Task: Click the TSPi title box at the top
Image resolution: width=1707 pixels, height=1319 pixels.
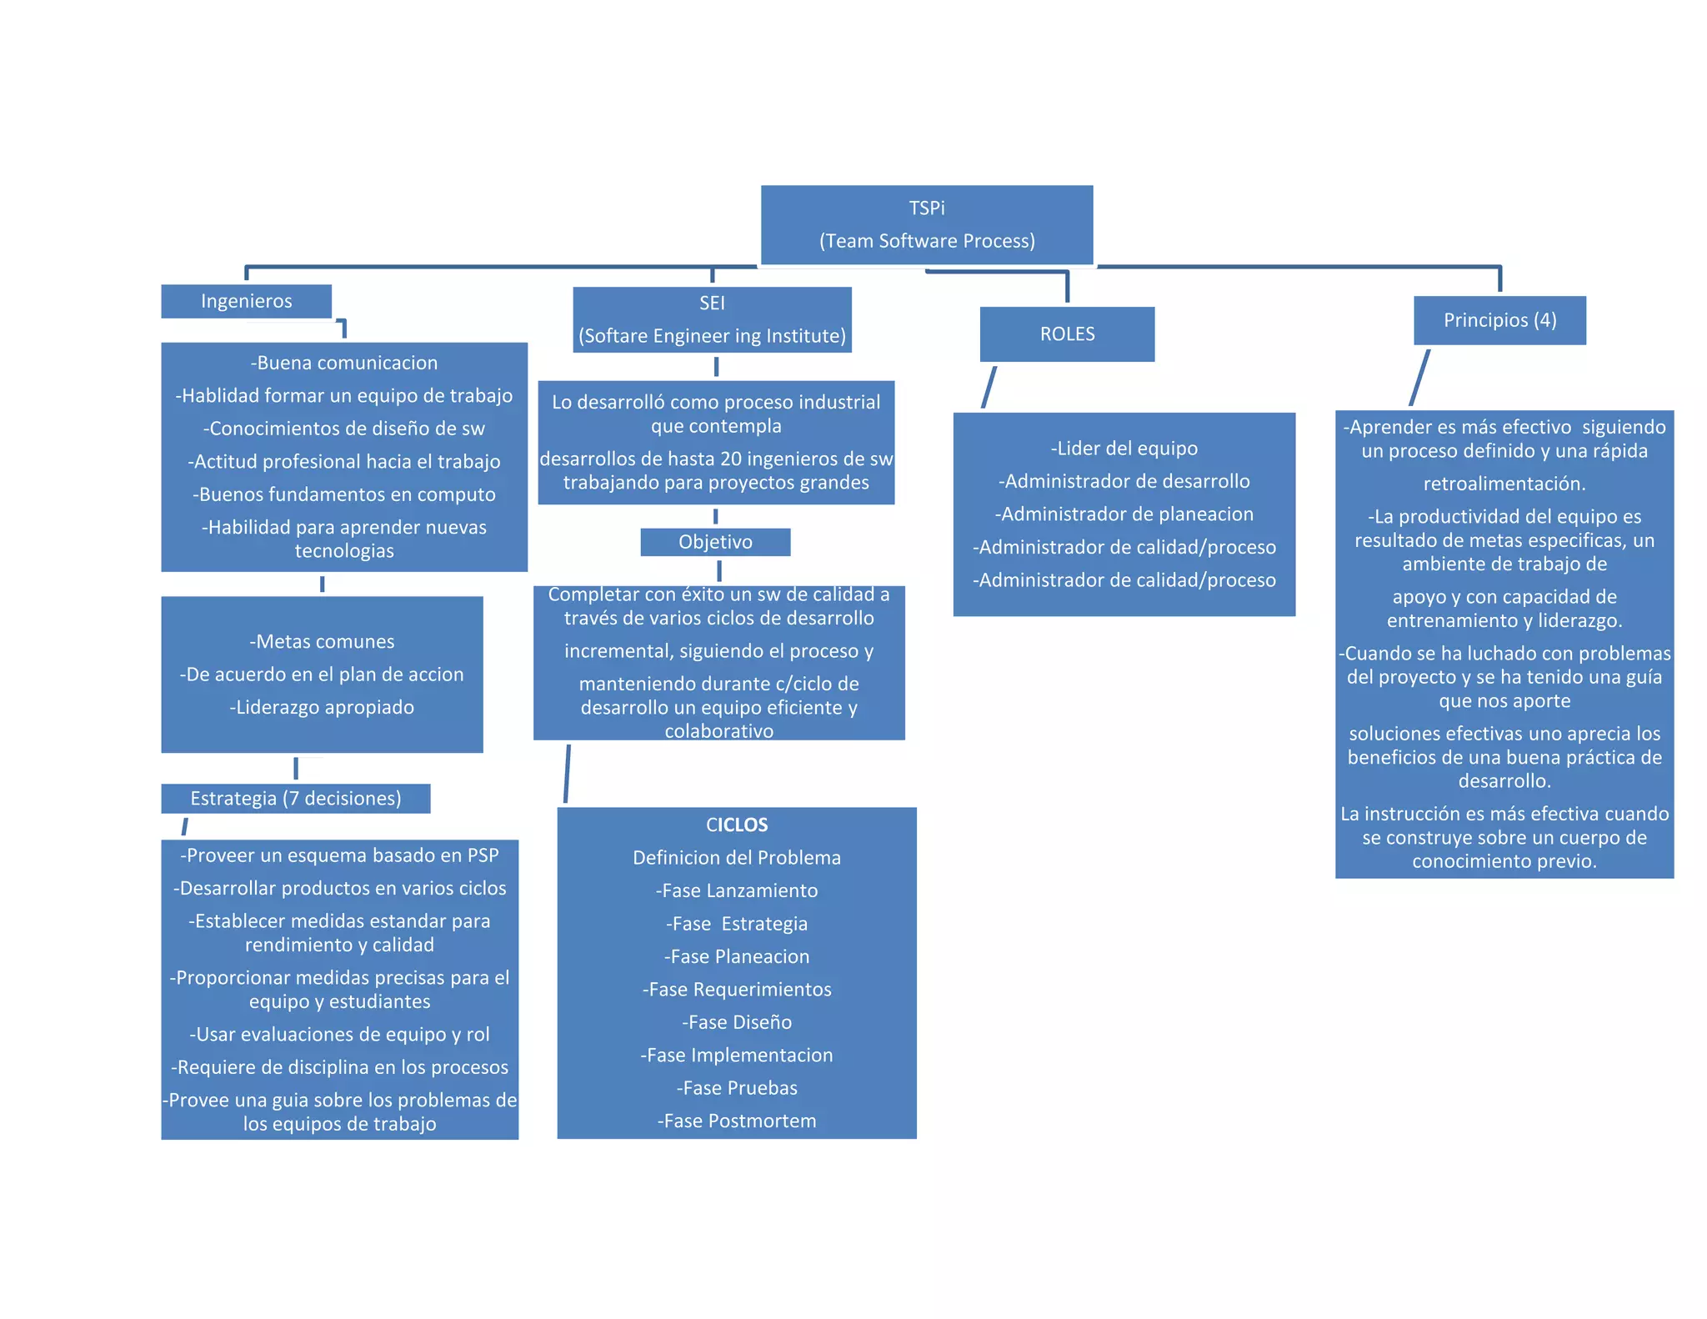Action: (x=926, y=224)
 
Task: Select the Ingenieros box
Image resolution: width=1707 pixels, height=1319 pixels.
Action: (x=246, y=301)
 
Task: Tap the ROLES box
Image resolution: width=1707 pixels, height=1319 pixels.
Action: (x=1067, y=334)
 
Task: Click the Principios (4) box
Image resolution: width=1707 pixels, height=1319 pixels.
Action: (x=1499, y=320)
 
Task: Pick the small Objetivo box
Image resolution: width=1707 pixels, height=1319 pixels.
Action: (x=715, y=542)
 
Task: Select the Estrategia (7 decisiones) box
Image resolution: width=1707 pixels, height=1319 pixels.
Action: (x=296, y=798)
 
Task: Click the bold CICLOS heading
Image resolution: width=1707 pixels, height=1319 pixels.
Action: (x=737, y=825)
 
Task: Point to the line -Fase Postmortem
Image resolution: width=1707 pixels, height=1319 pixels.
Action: (x=737, y=1121)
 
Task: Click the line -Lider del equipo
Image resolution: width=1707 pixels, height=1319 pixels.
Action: (x=1124, y=449)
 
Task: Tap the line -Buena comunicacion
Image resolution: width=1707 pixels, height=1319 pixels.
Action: (x=344, y=363)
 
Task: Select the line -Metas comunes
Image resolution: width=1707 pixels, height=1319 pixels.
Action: (x=322, y=641)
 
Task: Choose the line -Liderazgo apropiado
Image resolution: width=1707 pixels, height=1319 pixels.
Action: (x=322, y=707)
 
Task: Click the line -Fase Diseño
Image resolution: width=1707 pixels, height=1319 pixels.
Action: (x=737, y=1022)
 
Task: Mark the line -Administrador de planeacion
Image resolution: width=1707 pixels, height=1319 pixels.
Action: (x=1124, y=514)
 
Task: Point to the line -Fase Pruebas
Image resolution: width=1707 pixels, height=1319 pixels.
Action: (x=737, y=1088)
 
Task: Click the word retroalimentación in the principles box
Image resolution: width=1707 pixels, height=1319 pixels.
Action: (x=1504, y=484)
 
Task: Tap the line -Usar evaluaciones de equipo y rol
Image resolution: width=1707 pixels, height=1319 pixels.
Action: (x=339, y=1034)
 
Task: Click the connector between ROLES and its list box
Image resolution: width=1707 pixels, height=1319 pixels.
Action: (x=989, y=387)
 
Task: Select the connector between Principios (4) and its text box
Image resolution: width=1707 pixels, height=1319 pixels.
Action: (x=1419, y=378)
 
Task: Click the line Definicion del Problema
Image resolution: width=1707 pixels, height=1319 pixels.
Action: (x=737, y=858)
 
